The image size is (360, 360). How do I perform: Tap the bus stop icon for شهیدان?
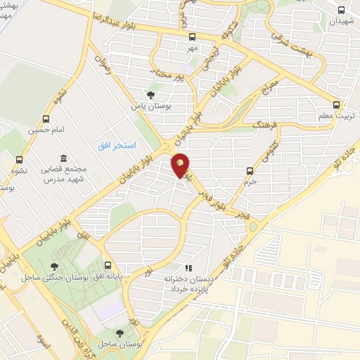pos(342,10)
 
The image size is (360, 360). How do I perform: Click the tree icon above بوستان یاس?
pos(150,95)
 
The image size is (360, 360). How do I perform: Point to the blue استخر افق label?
pos(112,144)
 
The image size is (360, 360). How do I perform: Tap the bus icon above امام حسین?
pos(46,119)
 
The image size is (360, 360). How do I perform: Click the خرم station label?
pos(250,181)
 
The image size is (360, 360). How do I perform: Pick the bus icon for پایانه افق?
pos(108,266)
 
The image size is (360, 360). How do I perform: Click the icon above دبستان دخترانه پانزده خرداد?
pos(188,268)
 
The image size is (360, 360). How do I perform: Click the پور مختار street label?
pos(169,74)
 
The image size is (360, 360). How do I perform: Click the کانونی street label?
pos(269,150)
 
